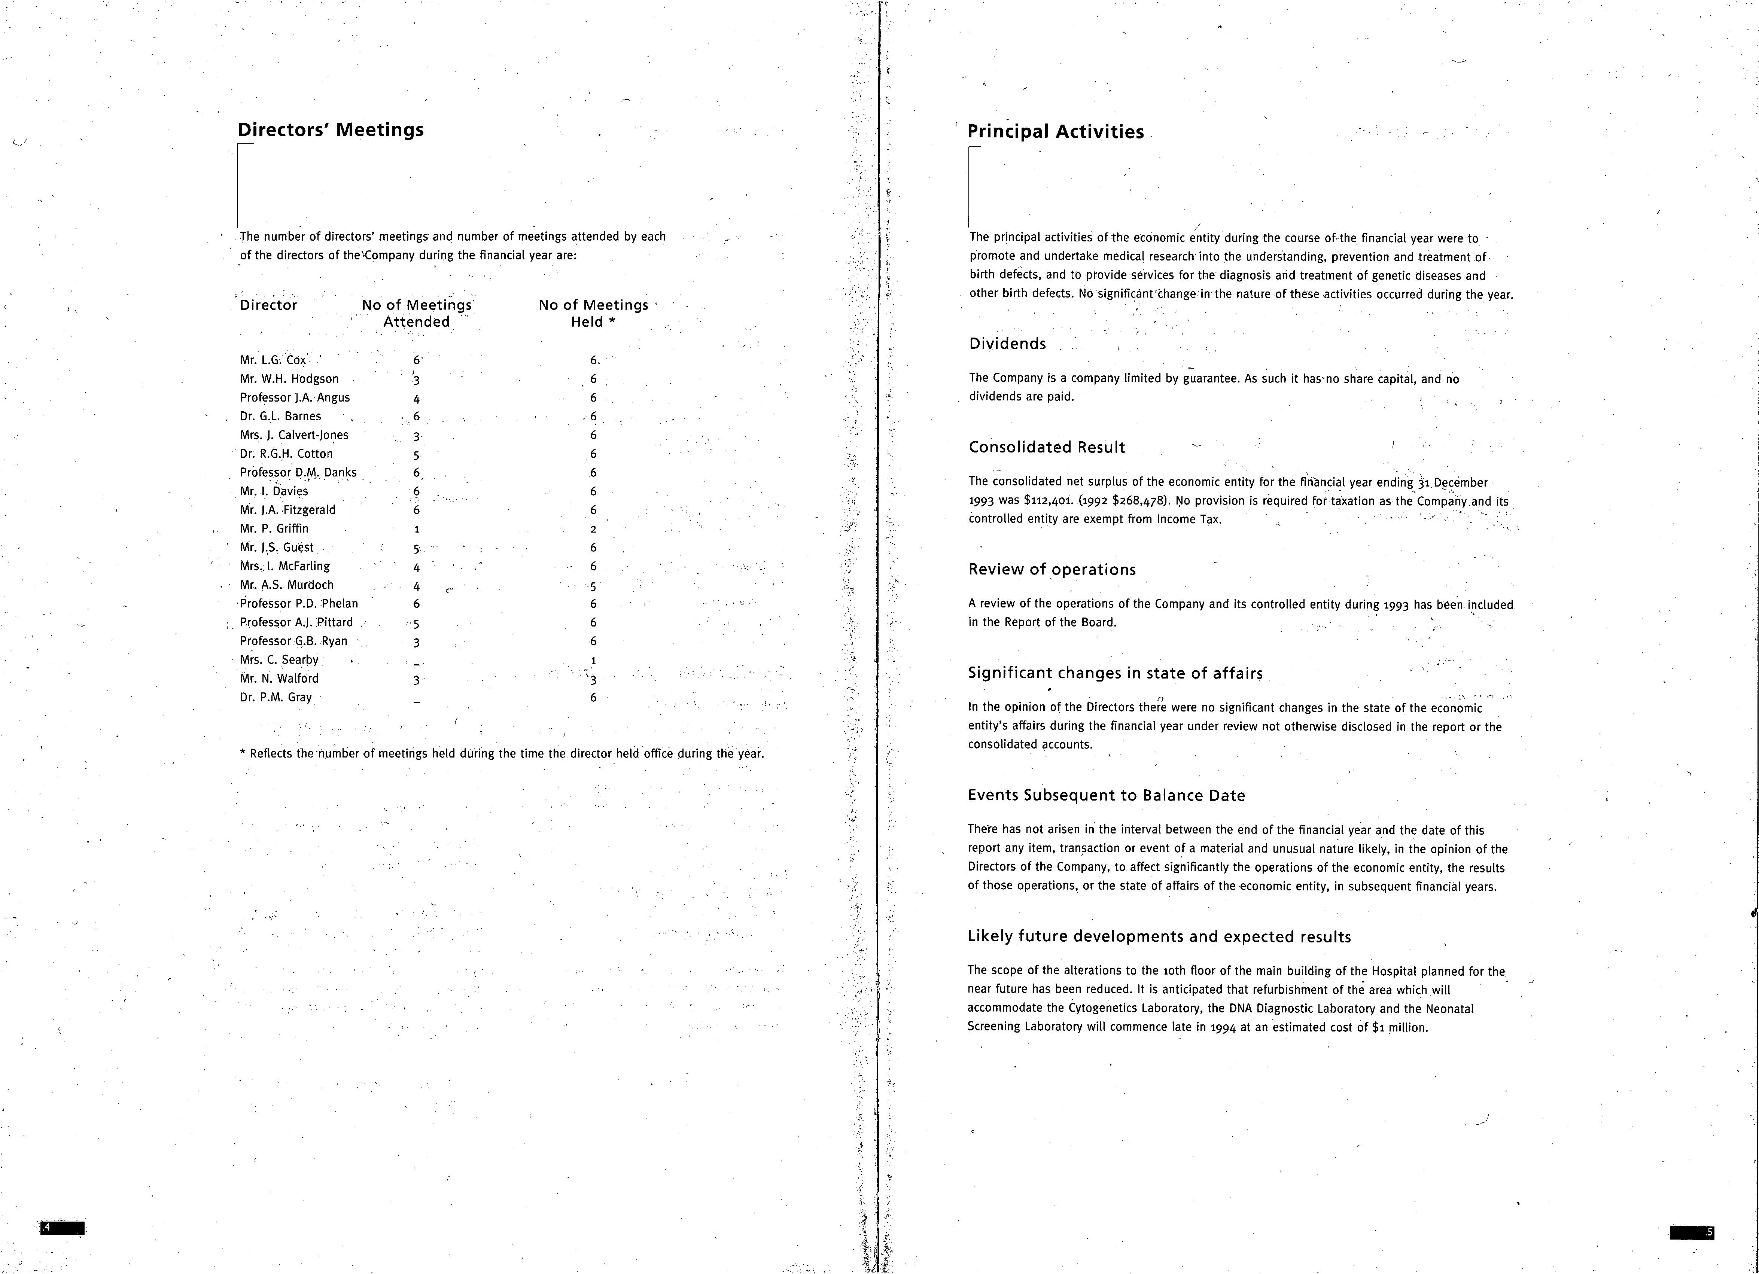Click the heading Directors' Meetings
[331, 129]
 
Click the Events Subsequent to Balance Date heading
[1106, 796]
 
